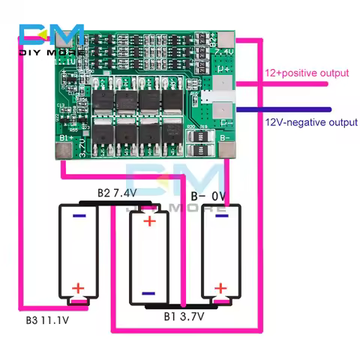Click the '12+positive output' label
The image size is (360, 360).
point(307,73)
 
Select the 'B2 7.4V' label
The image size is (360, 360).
point(117,193)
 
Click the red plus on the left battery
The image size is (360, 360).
point(77,287)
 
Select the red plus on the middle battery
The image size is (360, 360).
point(150,221)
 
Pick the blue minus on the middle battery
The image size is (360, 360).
point(148,293)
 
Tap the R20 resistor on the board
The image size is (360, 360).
point(190,127)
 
